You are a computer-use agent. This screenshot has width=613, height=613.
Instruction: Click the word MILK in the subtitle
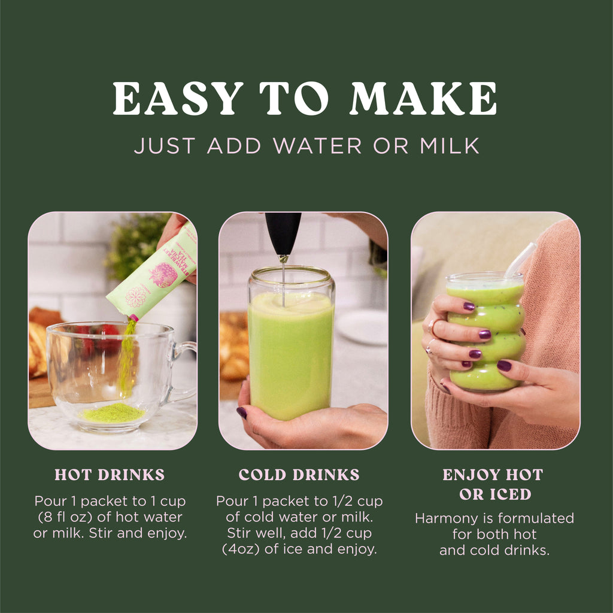coord(450,146)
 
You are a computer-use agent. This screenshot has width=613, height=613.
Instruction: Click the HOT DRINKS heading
coord(110,475)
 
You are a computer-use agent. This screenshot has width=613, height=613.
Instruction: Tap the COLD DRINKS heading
coord(299,475)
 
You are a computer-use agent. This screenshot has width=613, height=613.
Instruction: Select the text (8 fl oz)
coord(65,517)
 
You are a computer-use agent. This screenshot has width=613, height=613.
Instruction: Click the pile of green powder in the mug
coord(113,413)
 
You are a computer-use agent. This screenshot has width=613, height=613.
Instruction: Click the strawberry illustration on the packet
coord(163,275)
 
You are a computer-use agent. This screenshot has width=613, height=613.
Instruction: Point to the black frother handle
coord(283,233)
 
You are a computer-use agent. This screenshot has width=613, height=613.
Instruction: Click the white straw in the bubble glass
coord(520,260)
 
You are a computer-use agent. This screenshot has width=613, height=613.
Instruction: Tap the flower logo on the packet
coord(136,297)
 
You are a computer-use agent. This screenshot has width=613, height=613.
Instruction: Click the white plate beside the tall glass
coord(362,327)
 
